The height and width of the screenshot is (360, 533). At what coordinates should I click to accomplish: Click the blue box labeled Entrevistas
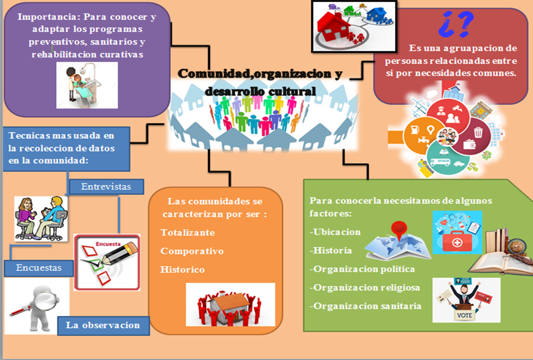(x=106, y=187)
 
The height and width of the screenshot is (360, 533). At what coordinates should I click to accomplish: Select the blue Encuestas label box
(x=39, y=268)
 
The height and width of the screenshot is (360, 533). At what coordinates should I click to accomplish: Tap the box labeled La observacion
(x=103, y=325)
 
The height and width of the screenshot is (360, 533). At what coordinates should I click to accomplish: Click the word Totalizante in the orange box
(x=188, y=232)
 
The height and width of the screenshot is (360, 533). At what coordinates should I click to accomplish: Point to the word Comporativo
(x=192, y=251)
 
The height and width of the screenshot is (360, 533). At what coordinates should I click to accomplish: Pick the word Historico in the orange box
(x=183, y=270)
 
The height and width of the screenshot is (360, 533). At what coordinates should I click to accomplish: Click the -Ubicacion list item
(x=336, y=232)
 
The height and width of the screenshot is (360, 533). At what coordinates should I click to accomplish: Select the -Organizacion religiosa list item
(x=365, y=287)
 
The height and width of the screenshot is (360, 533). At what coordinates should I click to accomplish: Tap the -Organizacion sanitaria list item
(x=365, y=306)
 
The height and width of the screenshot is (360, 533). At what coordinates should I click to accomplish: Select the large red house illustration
(x=334, y=26)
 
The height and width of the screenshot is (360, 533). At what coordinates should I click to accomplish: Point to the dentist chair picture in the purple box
(x=87, y=85)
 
